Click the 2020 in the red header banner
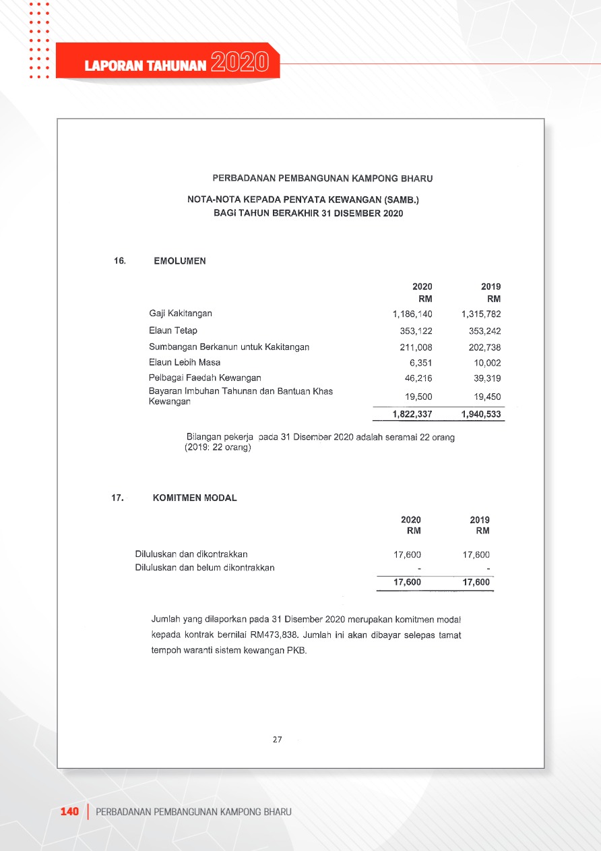click(240, 63)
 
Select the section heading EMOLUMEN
click(180, 261)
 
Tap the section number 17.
click(118, 498)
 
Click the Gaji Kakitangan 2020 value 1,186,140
click(412, 314)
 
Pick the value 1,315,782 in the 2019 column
click(481, 314)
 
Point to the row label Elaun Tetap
click(173, 330)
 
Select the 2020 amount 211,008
click(416, 348)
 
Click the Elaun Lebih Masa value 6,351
click(420, 362)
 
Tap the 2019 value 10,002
click(487, 363)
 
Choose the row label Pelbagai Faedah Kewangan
click(205, 378)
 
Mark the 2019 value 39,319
click(487, 378)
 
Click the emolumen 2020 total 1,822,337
click(412, 414)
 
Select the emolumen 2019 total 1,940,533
click(481, 414)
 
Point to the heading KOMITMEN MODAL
click(195, 498)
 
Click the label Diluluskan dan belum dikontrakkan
click(205, 568)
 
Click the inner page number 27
click(277, 740)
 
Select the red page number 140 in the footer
click(70, 811)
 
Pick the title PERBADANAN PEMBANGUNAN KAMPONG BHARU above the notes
click(323, 179)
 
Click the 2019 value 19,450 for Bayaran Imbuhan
click(487, 397)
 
